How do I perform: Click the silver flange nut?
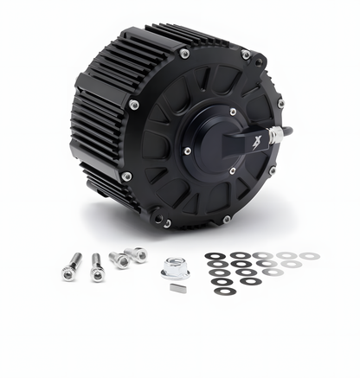[175, 269]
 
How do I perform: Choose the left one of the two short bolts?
[118, 259]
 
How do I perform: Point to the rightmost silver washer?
[308, 256]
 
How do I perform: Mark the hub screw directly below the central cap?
[232, 170]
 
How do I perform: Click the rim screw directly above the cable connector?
[280, 104]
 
